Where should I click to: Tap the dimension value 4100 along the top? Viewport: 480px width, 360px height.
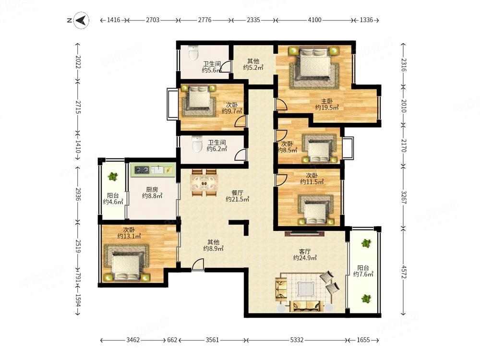pos(314,20)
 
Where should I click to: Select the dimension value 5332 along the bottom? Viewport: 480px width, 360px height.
pos(297,340)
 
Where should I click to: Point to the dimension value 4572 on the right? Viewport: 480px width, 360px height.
pos(404,272)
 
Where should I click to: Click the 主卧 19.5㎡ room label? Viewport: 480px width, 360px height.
pos(327,104)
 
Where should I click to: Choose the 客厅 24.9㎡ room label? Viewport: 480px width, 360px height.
pos(305,255)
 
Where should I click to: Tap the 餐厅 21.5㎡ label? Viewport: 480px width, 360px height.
pos(237,196)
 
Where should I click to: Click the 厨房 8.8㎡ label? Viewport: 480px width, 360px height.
pos(152,192)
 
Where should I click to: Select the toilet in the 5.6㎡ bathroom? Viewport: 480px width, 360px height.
pos(193,53)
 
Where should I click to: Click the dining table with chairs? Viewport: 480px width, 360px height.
pos(204,183)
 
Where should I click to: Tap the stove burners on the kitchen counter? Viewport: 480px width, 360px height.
pos(142,169)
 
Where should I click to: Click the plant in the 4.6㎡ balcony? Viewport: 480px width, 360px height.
pos(113,177)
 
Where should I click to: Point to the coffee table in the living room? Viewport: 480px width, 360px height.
pos(305,288)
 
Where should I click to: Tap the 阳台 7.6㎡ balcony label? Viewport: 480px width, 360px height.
pos(363,271)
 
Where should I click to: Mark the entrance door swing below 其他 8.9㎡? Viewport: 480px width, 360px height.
pos(198,264)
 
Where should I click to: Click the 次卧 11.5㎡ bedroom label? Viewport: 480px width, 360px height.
pos(312,179)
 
